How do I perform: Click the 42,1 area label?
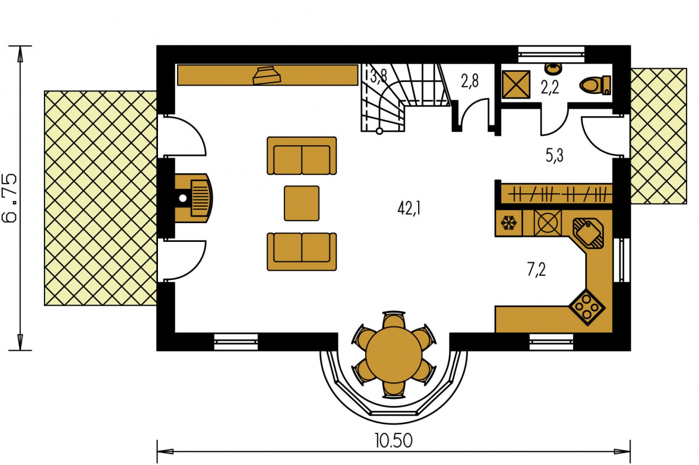(409, 208)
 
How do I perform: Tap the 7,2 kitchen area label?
(536, 270)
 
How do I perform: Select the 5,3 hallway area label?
(554, 155)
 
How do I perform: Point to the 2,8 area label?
(470, 81)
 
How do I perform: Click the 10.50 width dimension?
(394, 441)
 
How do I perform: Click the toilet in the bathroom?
(595, 85)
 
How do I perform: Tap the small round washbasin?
(553, 69)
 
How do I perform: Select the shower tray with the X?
(516, 84)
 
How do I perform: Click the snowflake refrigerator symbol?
(509, 223)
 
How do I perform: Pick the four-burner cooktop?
(586, 307)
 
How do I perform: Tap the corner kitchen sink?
(588, 233)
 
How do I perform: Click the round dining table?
(393, 355)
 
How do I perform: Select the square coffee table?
(301, 203)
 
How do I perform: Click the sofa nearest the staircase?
(301, 156)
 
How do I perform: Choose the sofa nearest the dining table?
(301, 252)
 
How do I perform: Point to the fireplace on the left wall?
(193, 198)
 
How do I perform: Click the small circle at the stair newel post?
(379, 131)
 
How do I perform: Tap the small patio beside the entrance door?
(659, 136)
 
